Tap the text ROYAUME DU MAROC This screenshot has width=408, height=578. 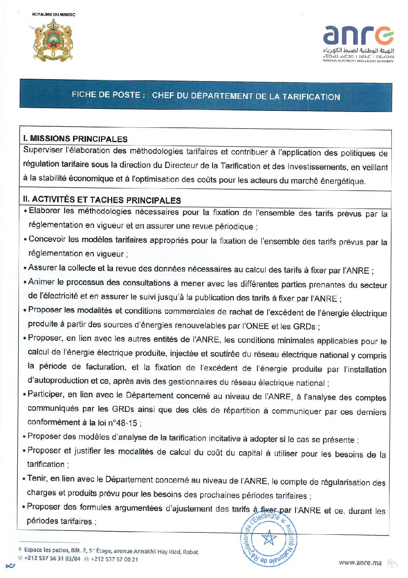point(53,15)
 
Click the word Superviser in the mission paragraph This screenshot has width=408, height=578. point(43,150)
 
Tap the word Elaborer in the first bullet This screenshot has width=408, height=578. point(44,211)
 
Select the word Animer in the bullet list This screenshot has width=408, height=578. point(41,282)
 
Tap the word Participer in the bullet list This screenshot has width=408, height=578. point(46,394)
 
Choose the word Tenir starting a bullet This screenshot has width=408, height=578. point(37,478)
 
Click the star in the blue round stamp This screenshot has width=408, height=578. point(269,537)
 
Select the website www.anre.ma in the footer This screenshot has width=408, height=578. point(360,563)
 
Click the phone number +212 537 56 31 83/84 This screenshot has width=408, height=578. point(52,558)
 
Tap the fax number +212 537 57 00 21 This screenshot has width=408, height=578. point(114,559)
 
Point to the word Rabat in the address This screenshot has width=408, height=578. point(191,552)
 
